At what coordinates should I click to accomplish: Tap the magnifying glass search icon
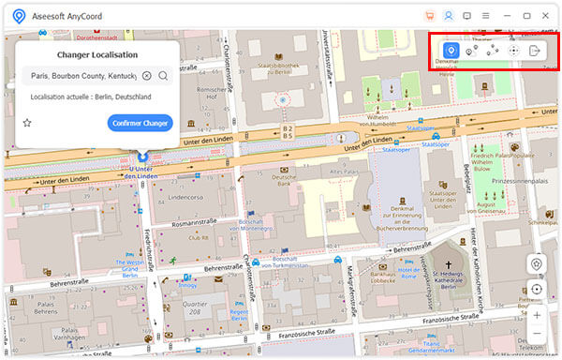click(163, 76)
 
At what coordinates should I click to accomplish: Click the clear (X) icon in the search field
click(146, 76)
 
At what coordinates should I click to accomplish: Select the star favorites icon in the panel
click(27, 123)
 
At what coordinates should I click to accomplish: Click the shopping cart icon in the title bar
click(430, 15)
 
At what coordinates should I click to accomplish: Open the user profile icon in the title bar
click(449, 15)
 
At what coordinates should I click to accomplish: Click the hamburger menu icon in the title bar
click(485, 15)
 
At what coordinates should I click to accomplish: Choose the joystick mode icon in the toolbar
click(513, 51)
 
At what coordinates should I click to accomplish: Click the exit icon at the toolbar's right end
click(535, 51)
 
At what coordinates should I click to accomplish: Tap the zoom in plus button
click(536, 314)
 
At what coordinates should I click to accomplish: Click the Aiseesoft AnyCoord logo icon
click(18, 15)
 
